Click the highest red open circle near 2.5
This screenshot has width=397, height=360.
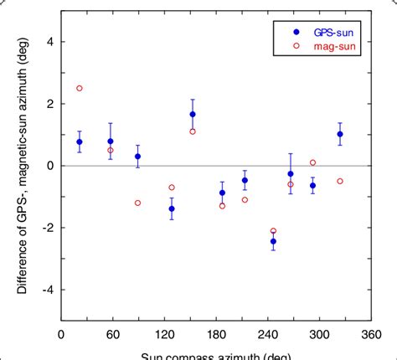pyautogui.click(x=80, y=88)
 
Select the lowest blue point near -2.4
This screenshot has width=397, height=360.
pyautogui.click(x=273, y=241)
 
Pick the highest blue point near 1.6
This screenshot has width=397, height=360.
pyautogui.click(x=193, y=114)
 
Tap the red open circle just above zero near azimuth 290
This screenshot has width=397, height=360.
pyautogui.click(x=312, y=162)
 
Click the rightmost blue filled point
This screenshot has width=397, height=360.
pyautogui.click(x=340, y=134)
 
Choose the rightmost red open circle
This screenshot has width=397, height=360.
pyautogui.click(x=340, y=181)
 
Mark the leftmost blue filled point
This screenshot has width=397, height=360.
pyautogui.click(x=80, y=141)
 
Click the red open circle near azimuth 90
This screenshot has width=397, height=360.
pyautogui.click(x=137, y=203)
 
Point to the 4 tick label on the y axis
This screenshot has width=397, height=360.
pyautogui.click(x=49, y=41)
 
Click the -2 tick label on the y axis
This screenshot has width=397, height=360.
pyautogui.click(x=47, y=228)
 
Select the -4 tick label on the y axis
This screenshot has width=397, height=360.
pyautogui.click(x=47, y=290)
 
